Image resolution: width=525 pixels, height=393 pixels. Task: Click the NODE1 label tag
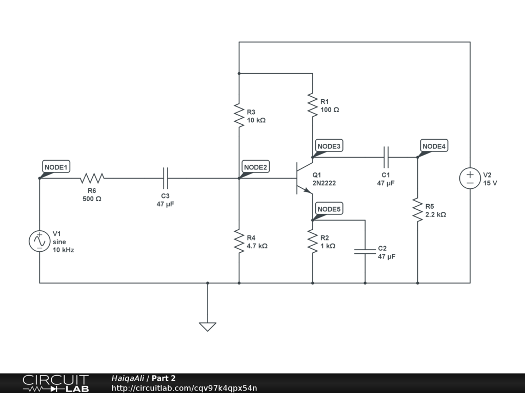pos(56,166)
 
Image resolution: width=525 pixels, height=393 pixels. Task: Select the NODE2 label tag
pos(256,166)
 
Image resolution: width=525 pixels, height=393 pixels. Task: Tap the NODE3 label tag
pos(329,146)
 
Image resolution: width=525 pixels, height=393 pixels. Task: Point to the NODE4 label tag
pos(434,146)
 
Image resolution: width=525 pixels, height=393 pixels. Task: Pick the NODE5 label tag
pos(329,209)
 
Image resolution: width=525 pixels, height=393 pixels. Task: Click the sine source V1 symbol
pos(39,241)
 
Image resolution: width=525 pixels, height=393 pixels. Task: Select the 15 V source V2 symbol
pos(470,178)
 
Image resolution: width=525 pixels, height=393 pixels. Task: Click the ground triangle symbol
pos(208,327)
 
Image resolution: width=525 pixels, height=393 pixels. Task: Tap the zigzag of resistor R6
pos(92,178)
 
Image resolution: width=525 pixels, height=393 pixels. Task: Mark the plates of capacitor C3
pos(166,178)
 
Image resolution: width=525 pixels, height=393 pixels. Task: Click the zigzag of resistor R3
pos(239,115)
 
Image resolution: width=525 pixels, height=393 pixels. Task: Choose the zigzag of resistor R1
pos(313,105)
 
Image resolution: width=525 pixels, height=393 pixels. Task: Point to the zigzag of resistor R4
pos(239,241)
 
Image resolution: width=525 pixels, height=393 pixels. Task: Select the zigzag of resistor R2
pos(313,241)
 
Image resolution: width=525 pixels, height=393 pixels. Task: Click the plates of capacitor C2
pos(365,251)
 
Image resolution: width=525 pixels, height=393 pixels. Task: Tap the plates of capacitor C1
pos(386,157)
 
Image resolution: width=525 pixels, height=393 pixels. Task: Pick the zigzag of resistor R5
pos(417,209)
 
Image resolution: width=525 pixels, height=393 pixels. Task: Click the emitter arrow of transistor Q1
pos(308,190)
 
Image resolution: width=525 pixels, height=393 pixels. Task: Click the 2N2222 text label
pos(324,183)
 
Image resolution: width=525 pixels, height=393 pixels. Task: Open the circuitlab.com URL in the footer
pos(184,388)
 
